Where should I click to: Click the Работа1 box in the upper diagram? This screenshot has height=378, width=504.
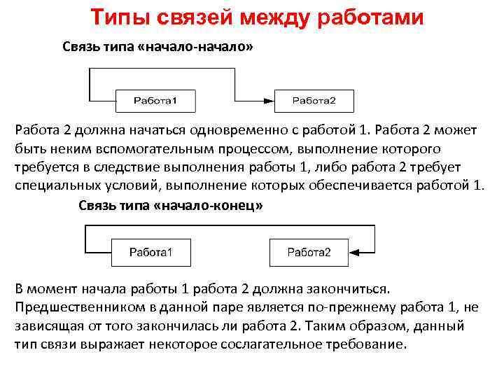coord(155,101)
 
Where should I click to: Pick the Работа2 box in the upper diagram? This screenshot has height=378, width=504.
coord(314,101)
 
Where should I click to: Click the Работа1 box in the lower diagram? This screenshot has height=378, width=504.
coord(151,252)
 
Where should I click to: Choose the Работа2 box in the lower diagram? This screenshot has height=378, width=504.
coord(309,252)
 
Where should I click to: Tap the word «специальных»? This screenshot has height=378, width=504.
coord(57,185)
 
